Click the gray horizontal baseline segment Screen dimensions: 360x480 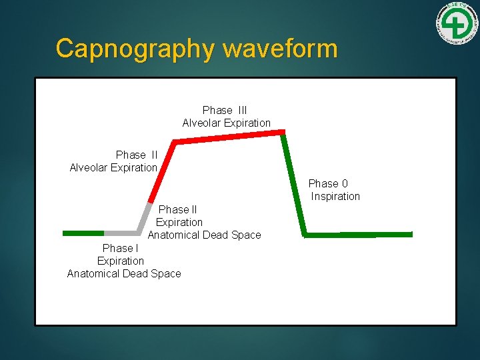(x=121, y=233)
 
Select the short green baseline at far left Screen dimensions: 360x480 (x=83, y=233)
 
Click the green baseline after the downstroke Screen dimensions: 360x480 (x=358, y=234)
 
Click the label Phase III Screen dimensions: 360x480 (x=225, y=110)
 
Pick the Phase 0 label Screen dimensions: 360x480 (x=328, y=183)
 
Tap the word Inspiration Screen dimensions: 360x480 (x=335, y=196)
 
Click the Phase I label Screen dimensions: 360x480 (x=121, y=248)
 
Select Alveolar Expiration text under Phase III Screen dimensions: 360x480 (x=227, y=123)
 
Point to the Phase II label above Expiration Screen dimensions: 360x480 (x=177, y=209)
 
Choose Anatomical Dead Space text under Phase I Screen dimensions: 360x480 (x=124, y=273)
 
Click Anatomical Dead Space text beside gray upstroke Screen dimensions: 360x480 (x=204, y=235)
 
